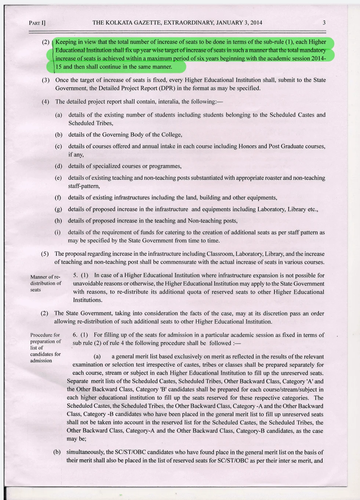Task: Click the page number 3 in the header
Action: coord(324,23)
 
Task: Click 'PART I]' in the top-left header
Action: coord(37,23)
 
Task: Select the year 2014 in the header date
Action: coord(256,23)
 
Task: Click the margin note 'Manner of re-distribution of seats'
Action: coord(46,283)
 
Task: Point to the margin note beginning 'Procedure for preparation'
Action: coord(46,348)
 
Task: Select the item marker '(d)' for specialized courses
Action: coord(58,166)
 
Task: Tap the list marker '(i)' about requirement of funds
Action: coord(58,232)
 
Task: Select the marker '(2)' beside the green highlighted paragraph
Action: coord(46,42)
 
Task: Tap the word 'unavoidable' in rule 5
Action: coord(88,284)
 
